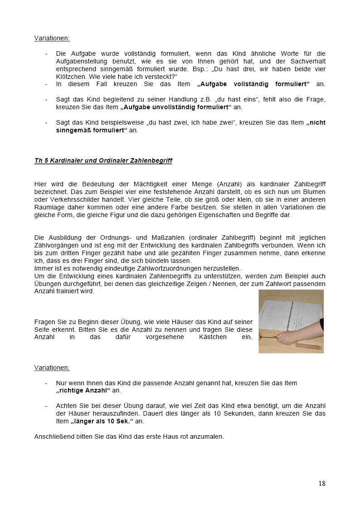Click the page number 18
[321, 483]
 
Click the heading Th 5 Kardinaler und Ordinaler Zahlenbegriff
[103, 160]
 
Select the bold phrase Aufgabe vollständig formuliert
[254, 84]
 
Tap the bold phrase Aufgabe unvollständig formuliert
[176, 107]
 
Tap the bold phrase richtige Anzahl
[83, 390]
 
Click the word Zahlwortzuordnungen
[176, 268]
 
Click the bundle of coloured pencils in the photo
[309, 346]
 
